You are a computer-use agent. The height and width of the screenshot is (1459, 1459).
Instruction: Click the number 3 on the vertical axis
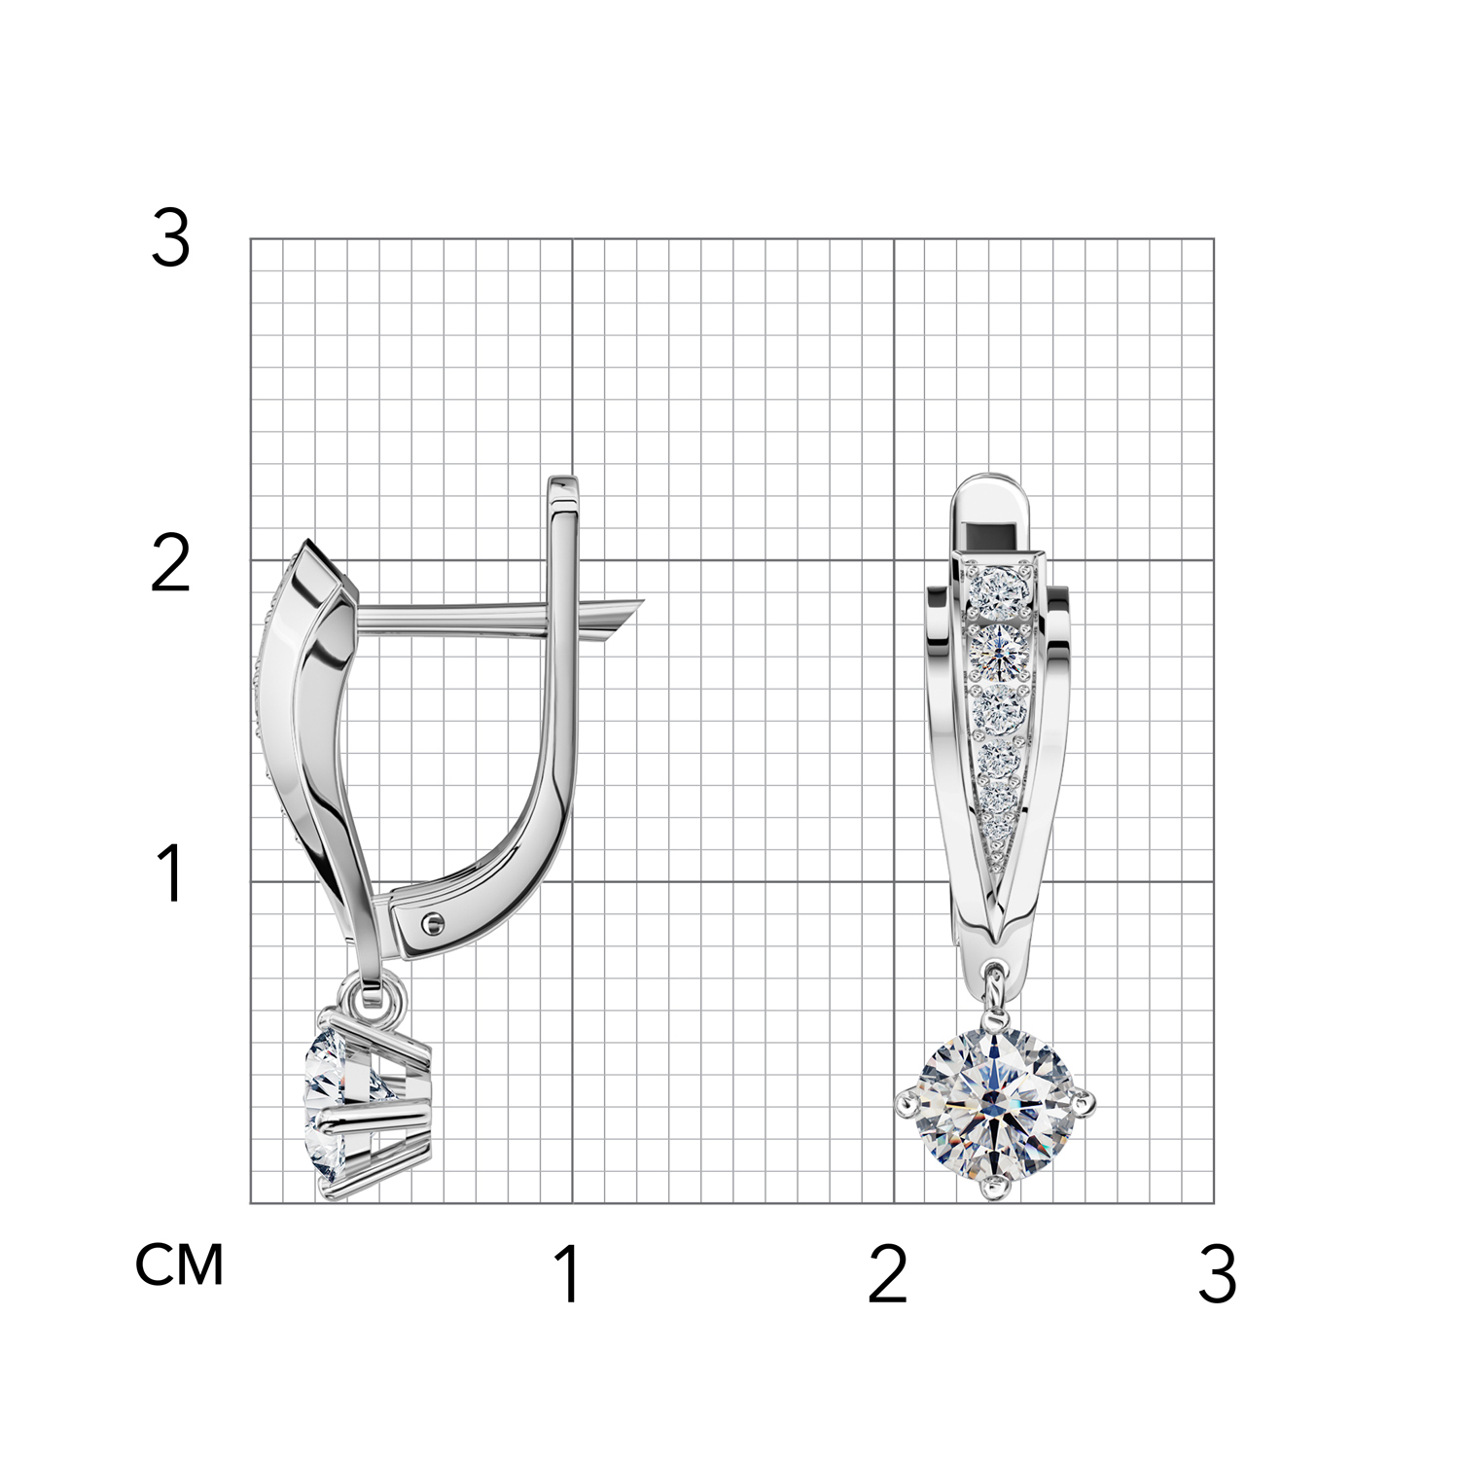[x=170, y=239]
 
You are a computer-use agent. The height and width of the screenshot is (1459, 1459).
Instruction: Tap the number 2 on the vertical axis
[x=170, y=563]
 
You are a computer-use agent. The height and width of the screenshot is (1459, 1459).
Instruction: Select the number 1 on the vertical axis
[x=171, y=872]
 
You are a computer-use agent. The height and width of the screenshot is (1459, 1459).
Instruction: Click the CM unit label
[x=179, y=1264]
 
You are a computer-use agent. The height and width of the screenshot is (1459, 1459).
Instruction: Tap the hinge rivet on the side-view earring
[x=431, y=920]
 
